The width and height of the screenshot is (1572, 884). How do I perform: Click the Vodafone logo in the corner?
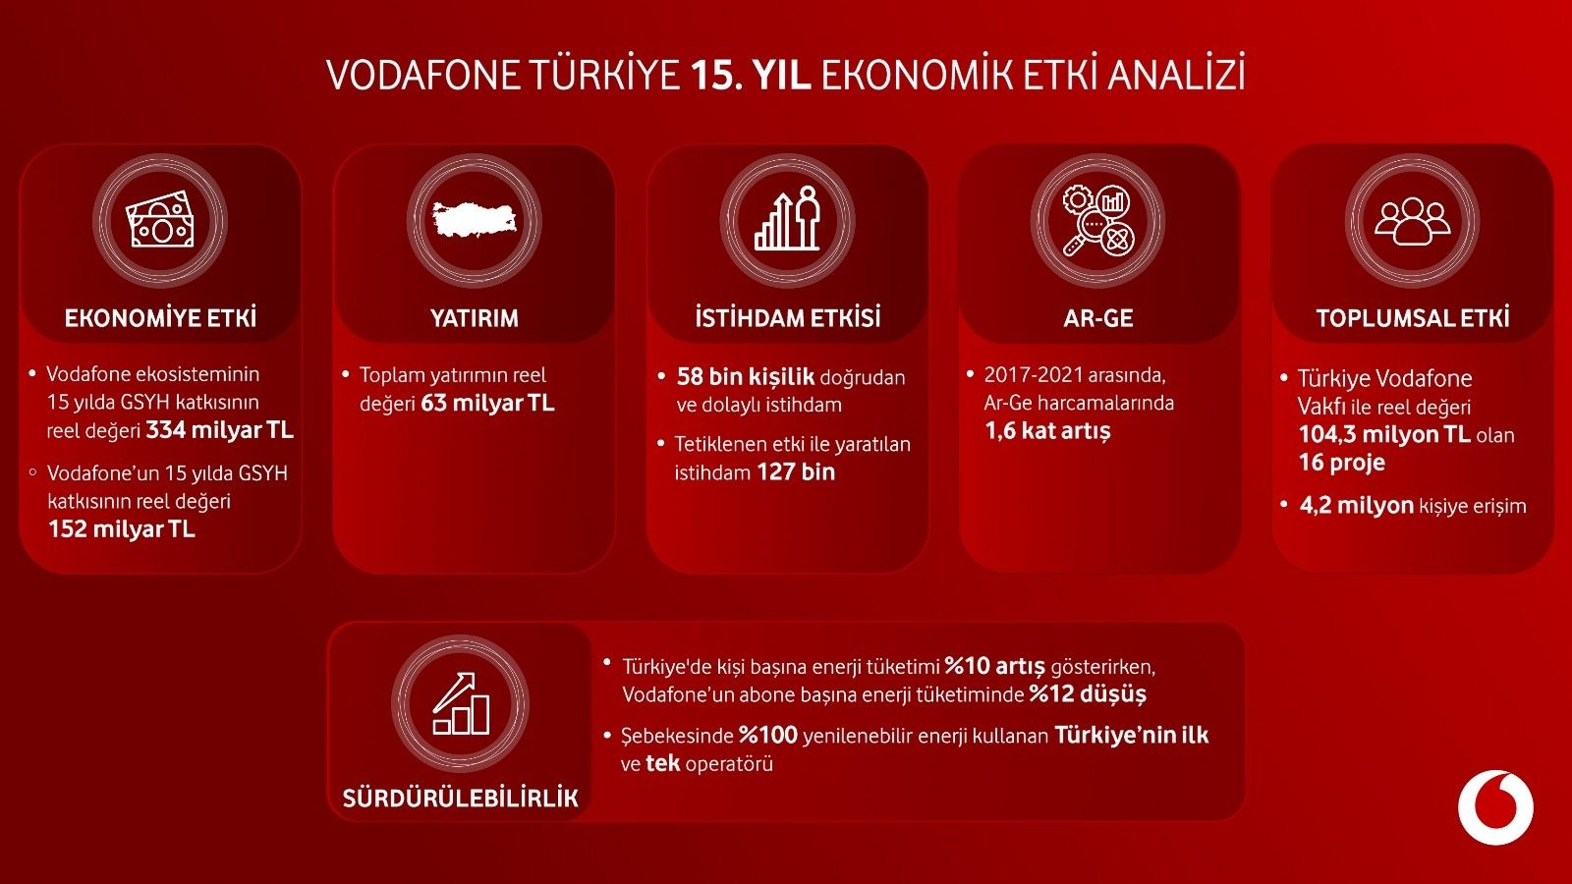click(x=1495, y=806)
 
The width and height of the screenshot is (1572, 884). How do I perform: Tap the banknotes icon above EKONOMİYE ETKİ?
click(x=159, y=220)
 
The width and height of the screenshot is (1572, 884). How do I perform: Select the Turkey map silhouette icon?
click(x=476, y=220)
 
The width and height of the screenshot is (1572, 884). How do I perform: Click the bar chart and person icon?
click(x=787, y=218)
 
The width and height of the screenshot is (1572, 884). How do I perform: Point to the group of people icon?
click(x=1412, y=221)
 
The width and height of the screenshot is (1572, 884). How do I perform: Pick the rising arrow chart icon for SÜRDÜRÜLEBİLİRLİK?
click(x=461, y=703)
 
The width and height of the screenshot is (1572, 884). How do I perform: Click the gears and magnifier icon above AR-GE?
click(x=1098, y=220)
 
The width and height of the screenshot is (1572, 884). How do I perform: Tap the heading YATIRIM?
click(x=475, y=318)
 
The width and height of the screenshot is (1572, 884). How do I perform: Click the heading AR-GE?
click(x=1098, y=318)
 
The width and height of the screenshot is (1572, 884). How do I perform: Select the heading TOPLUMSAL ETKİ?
click(x=1413, y=318)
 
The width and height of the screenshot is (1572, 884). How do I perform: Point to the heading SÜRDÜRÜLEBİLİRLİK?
click(x=461, y=798)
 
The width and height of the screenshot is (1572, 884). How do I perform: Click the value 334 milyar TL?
click(x=220, y=430)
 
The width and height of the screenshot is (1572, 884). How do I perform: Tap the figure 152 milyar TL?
click(x=122, y=528)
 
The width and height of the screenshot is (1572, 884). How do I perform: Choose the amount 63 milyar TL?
click(x=487, y=403)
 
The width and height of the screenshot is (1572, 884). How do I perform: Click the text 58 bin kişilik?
click(x=746, y=377)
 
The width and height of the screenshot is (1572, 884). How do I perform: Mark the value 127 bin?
click(x=796, y=471)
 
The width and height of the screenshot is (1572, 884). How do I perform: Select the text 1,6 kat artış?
click(x=1047, y=431)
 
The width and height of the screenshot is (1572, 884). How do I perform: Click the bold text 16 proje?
click(x=1342, y=463)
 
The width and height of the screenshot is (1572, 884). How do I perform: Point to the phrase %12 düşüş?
click(x=1088, y=693)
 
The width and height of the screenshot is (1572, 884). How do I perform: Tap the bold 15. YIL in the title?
click(x=751, y=75)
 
